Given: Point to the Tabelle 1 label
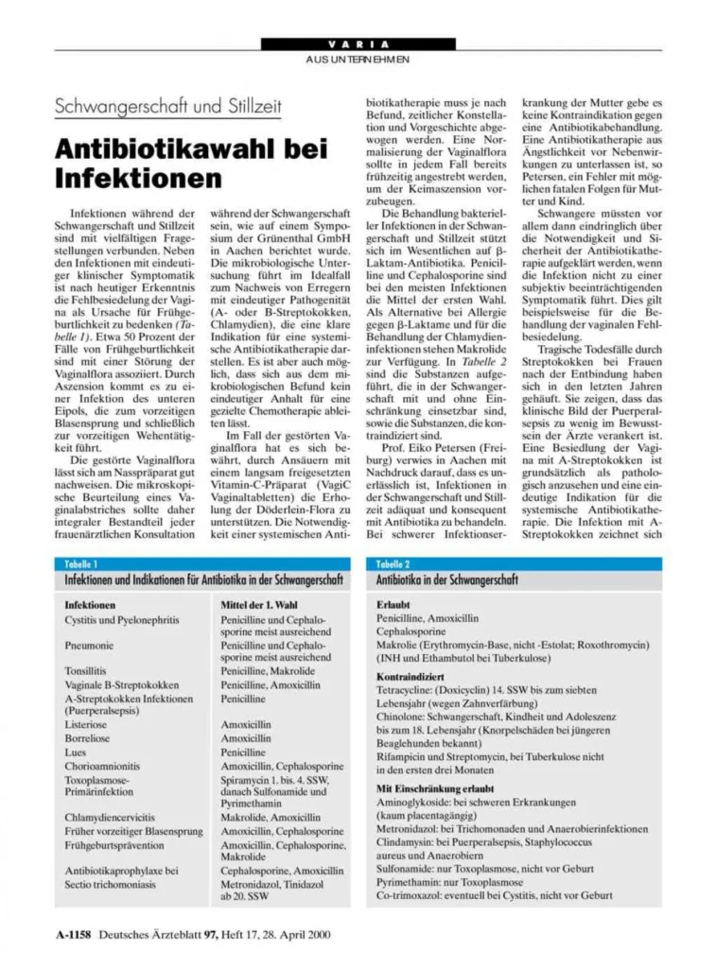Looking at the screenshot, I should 82,563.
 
